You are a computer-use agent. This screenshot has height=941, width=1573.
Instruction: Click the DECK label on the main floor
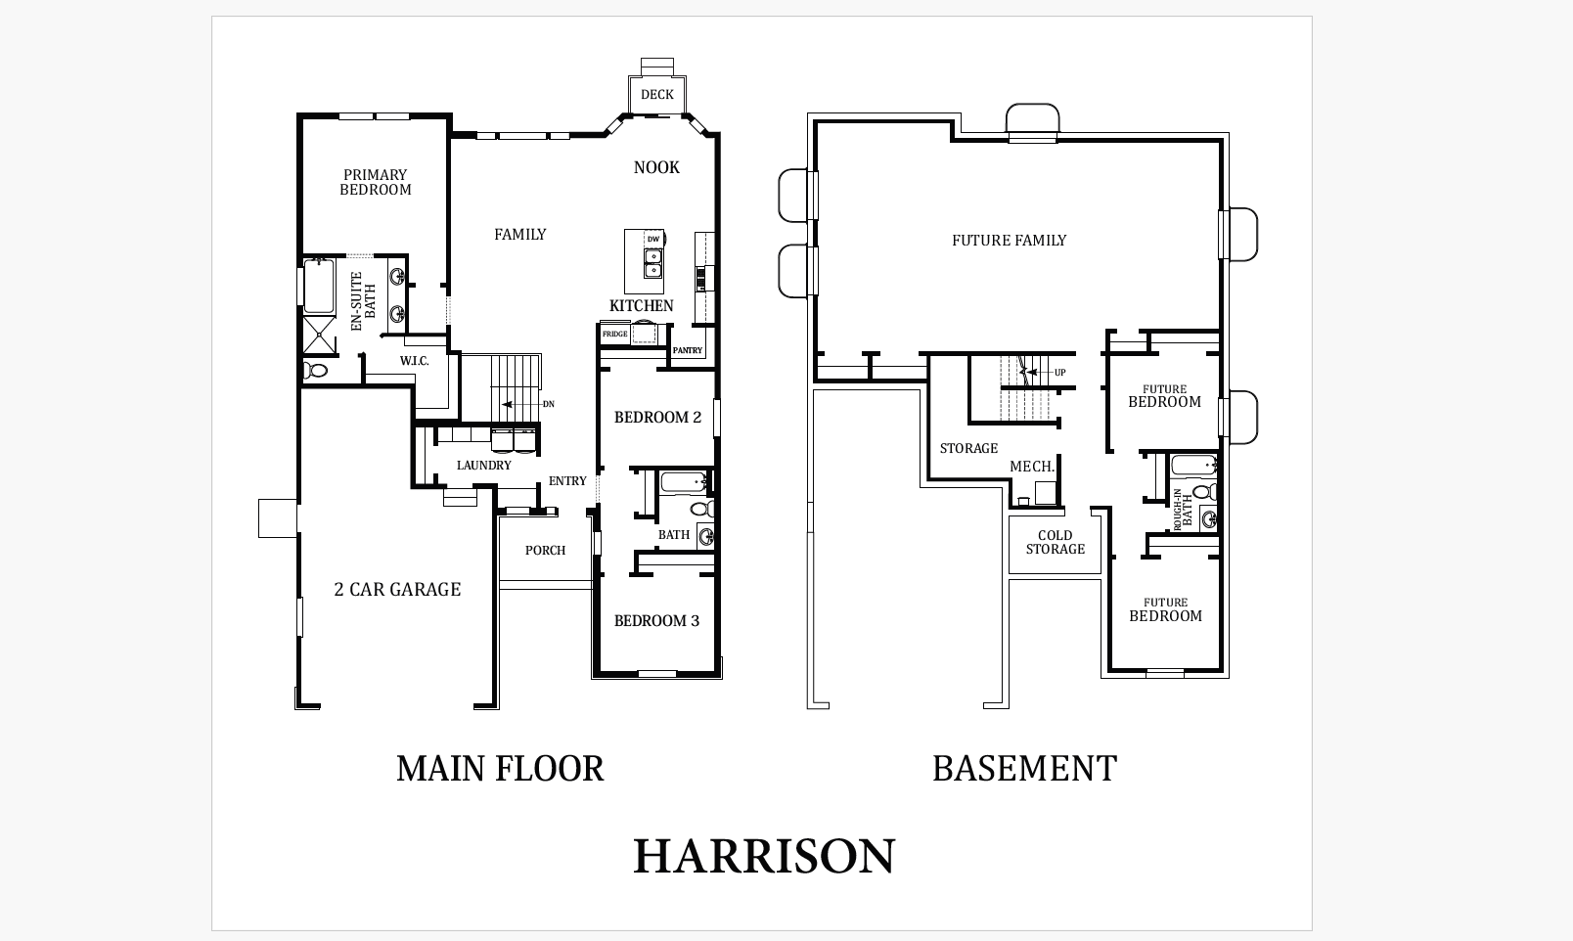tap(656, 95)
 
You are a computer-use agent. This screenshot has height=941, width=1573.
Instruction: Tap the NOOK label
tap(656, 167)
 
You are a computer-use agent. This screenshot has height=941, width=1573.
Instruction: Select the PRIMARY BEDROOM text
tap(376, 182)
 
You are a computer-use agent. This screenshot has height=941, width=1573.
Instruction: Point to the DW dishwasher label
tap(653, 240)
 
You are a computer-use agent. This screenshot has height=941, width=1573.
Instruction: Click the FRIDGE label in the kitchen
tap(614, 335)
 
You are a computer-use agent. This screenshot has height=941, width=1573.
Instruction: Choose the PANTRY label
tap(688, 350)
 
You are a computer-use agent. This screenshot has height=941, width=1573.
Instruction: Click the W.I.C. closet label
tap(415, 361)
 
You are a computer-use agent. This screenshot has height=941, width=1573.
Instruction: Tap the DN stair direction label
tap(549, 404)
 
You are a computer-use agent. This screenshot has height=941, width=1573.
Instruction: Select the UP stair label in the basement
tap(1059, 372)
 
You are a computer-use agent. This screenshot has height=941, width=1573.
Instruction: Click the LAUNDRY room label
tap(484, 465)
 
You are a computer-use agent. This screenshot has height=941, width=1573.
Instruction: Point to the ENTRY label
tap(567, 481)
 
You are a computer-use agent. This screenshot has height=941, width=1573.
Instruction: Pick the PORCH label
tap(545, 551)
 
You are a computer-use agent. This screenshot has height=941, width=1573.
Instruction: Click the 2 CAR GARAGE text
tap(397, 589)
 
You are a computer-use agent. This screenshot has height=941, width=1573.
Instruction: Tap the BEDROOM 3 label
tap(656, 621)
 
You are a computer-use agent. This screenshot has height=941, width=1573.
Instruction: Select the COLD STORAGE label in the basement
tap(1056, 542)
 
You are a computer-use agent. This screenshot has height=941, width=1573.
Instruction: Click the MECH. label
tap(1032, 467)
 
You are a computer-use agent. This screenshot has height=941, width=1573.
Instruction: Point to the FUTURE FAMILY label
tap(1010, 241)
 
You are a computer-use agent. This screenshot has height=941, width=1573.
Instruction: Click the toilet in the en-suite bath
tap(315, 370)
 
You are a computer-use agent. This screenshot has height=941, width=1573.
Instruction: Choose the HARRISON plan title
tap(764, 857)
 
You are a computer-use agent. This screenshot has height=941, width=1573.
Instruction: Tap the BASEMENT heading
tap(1024, 768)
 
